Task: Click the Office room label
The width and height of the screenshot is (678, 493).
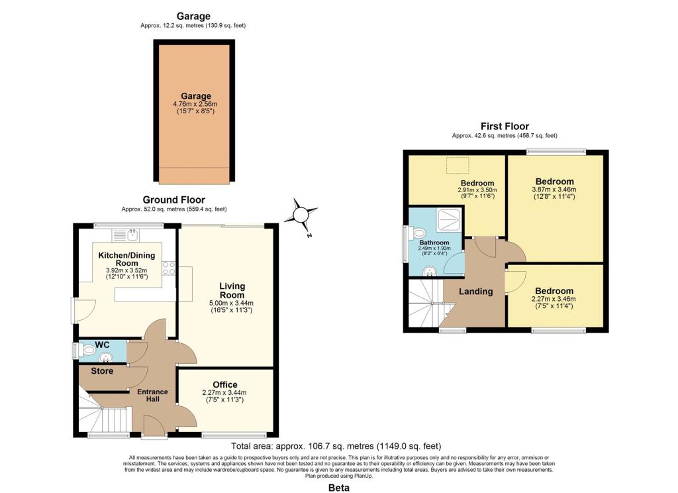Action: tap(225, 385)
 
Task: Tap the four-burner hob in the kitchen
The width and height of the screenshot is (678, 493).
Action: tap(169, 268)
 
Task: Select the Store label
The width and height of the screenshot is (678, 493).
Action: tap(103, 371)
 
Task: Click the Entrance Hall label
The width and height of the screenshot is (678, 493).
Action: tap(153, 396)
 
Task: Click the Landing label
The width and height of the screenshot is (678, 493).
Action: tap(475, 292)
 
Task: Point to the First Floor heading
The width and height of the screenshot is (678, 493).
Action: tap(505, 126)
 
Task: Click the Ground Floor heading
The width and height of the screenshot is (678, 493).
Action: tap(174, 199)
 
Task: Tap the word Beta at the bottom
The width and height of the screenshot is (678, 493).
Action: tap(338, 487)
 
